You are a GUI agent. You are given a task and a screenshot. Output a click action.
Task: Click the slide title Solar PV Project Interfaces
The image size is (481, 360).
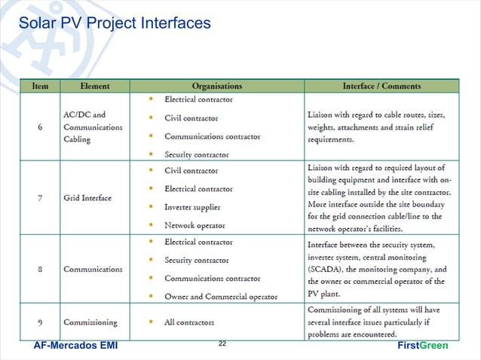[x=115, y=23]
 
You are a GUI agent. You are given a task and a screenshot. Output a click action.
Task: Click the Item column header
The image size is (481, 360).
[x=40, y=87]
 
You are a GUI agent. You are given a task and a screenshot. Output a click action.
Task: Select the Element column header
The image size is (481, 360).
[x=94, y=87]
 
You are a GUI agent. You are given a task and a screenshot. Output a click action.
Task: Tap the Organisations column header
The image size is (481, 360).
[x=216, y=87]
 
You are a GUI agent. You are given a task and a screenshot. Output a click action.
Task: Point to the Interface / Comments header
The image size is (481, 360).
[x=381, y=87]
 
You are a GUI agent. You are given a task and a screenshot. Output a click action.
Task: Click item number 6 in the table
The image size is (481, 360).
[x=40, y=127]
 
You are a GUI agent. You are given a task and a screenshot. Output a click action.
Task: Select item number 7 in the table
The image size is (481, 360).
[x=40, y=198]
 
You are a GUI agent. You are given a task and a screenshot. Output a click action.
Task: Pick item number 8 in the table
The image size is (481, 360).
[x=40, y=269]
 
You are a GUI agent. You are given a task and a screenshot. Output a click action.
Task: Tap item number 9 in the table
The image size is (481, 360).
[x=40, y=322]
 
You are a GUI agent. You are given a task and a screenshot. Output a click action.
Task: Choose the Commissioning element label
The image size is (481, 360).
[x=90, y=322]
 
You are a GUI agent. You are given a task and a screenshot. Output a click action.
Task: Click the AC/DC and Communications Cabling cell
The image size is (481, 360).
[x=93, y=127]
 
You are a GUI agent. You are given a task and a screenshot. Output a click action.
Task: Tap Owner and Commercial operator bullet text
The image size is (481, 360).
[x=221, y=296]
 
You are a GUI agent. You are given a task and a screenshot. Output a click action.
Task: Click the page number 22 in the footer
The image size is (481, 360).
[x=222, y=343]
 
